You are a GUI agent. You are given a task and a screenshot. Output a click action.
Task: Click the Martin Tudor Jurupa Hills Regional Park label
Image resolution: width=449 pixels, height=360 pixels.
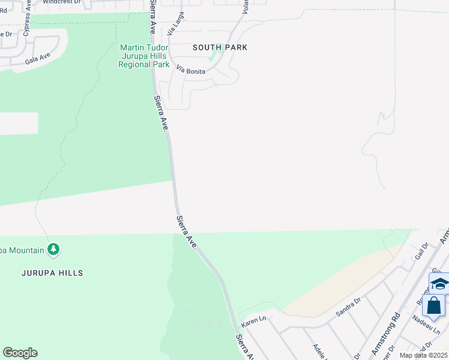pyautogui.click(x=145, y=56)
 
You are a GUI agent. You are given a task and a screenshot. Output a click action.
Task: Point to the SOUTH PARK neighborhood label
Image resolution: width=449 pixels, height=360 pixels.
pyautogui.click(x=220, y=47)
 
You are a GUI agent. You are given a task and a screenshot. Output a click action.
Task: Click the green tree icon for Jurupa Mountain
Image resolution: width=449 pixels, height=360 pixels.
pyautogui.click(x=53, y=248)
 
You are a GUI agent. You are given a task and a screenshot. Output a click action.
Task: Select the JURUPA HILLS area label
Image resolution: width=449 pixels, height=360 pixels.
pyautogui.click(x=52, y=273)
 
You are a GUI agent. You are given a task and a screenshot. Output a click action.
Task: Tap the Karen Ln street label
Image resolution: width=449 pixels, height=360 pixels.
pyautogui.click(x=253, y=322)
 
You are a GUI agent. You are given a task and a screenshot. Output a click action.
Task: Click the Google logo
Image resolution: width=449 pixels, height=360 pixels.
pyautogui.click(x=20, y=353)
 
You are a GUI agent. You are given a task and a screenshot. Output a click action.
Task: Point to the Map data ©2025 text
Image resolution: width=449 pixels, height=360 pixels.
pyautogui.click(x=423, y=355)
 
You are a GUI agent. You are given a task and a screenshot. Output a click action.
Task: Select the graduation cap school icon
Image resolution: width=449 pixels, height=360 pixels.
pyautogui.click(x=439, y=284)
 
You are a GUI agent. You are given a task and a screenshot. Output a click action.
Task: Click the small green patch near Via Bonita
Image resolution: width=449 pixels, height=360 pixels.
pyautogui.click(x=212, y=58)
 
